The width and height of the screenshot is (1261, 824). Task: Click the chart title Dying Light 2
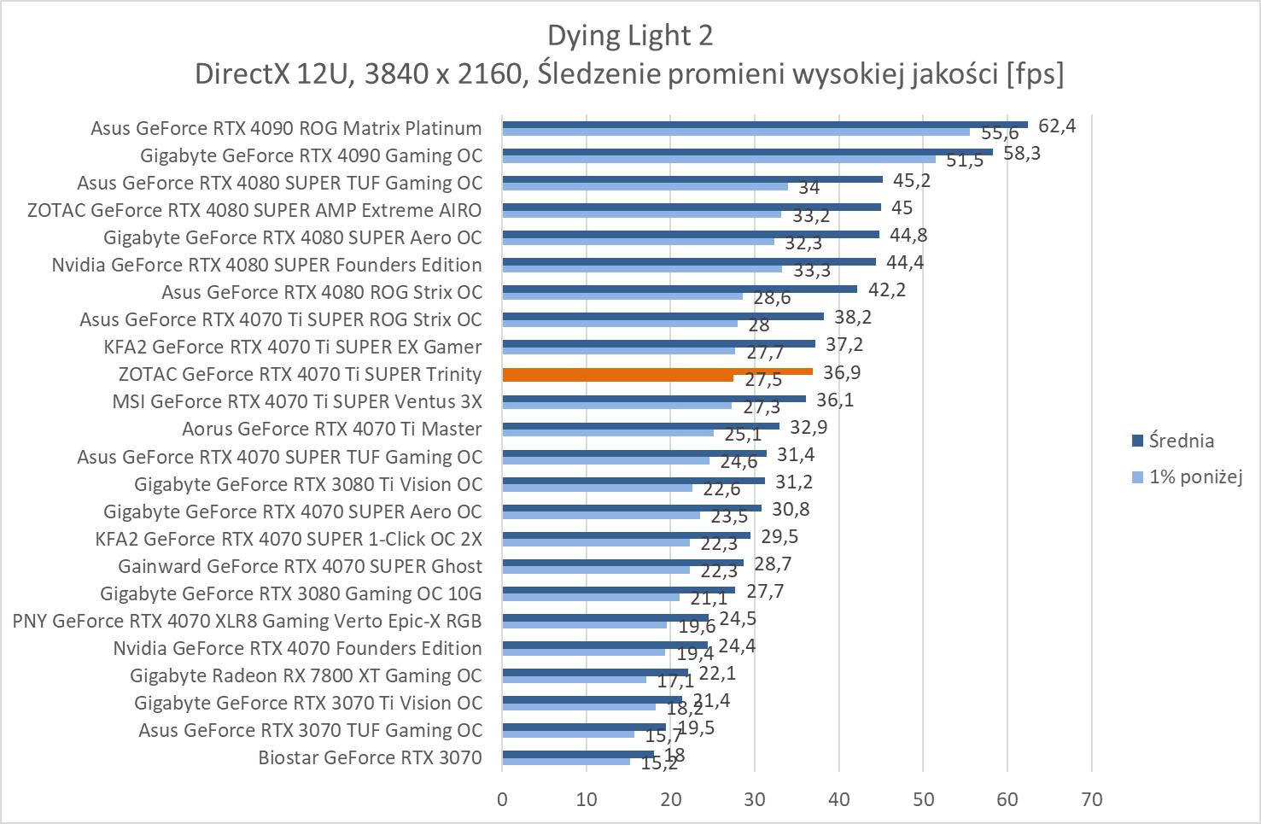[x=629, y=35]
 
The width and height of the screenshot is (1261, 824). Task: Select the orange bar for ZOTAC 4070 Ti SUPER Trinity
[x=657, y=371]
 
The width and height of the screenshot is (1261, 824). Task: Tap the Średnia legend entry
[x=1181, y=441]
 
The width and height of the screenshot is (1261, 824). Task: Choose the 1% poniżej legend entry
[x=1194, y=476]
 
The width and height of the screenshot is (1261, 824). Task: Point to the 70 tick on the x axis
[x=1091, y=799]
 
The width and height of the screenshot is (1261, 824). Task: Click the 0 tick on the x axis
[x=502, y=799]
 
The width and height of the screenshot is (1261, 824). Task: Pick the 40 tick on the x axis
[x=839, y=799]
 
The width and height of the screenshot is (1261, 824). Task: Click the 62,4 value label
[x=1057, y=126]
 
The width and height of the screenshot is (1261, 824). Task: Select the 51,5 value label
[x=965, y=161]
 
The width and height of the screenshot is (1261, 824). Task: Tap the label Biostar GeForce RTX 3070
[x=370, y=757]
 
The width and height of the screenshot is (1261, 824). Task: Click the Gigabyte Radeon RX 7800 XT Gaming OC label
[x=306, y=675]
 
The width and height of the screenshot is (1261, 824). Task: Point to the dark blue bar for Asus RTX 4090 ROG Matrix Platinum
[x=764, y=124]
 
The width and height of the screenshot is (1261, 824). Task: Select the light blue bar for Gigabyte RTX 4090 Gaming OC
[x=718, y=159]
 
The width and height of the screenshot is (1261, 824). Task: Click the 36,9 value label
[x=842, y=372]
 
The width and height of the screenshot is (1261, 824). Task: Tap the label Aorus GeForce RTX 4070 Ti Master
[x=331, y=429]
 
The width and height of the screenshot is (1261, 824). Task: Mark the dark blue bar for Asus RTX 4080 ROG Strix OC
[x=679, y=289]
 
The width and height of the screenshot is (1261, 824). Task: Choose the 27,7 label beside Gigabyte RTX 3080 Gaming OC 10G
[x=765, y=591]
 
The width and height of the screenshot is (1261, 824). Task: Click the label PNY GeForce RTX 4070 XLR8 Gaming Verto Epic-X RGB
[x=247, y=621]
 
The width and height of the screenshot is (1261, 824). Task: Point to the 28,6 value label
[x=772, y=298]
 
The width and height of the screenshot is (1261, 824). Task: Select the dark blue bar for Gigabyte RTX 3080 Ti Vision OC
[x=633, y=481]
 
